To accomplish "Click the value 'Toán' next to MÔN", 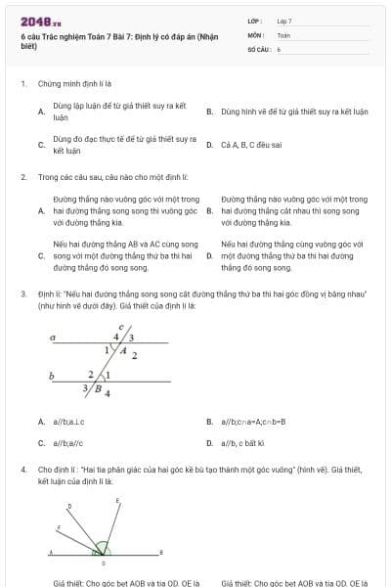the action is [283, 34].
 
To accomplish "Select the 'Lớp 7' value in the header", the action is [284, 21].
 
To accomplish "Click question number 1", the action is [22, 85].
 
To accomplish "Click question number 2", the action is [22, 177].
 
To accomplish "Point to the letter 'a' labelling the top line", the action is [53, 337].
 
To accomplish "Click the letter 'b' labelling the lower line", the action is [52, 375].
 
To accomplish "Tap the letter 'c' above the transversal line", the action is [120, 327].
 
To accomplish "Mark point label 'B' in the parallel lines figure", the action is [97, 387].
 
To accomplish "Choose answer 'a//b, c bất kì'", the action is [252, 442].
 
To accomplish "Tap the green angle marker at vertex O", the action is [102, 551].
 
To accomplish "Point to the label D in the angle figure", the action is [68, 506].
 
